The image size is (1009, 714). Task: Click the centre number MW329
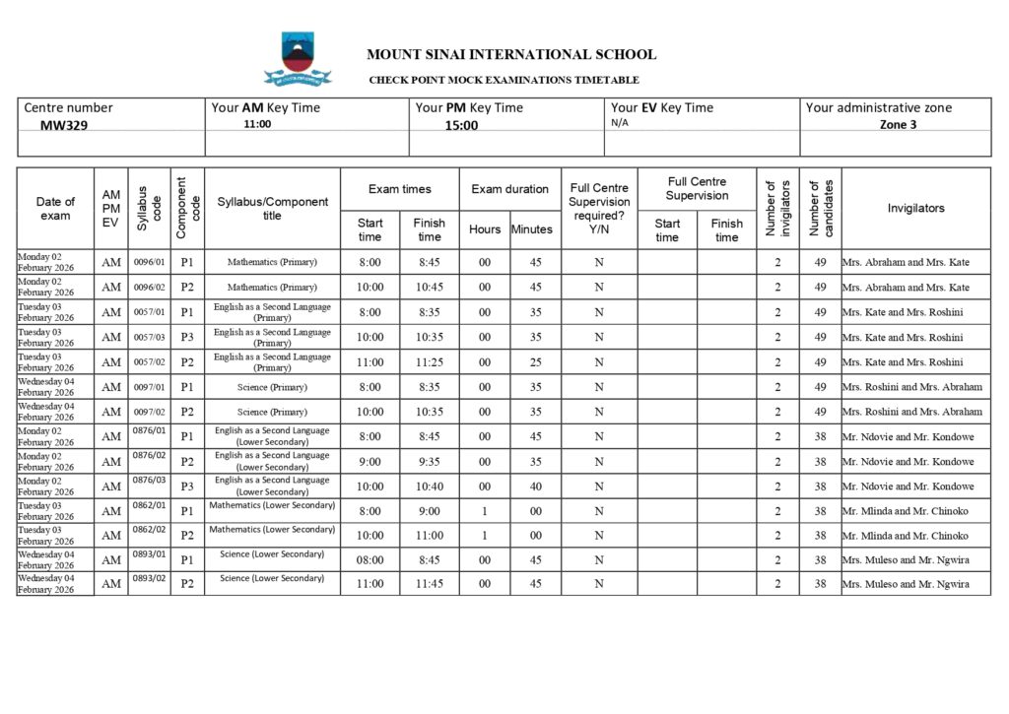click(x=64, y=126)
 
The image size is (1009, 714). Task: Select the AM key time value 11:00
click(x=257, y=125)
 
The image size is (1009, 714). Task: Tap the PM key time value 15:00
click(x=460, y=126)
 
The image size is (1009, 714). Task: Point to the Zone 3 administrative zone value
click(x=898, y=125)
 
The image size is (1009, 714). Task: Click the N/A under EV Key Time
click(x=620, y=123)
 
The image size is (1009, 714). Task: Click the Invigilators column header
click(x=915, y=208)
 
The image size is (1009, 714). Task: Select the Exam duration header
click(x=509, y=189)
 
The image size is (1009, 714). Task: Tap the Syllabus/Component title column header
click(x=272, y=209)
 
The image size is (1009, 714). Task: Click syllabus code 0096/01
click(x=149, y=261)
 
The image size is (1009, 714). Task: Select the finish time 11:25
click(x=429, y=362)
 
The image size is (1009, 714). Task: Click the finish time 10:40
click(x=429, y=487)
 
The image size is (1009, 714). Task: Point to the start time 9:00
click(x=370, y=462)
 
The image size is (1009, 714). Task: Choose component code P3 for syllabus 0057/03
click(x=187, y=338)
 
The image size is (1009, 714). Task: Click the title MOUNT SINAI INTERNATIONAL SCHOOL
click(x=510, y=55)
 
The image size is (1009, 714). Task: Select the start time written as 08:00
click(x=370, y=560)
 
